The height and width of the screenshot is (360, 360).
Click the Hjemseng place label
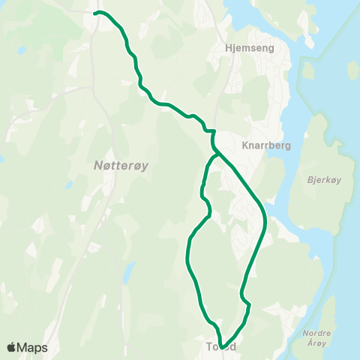250,47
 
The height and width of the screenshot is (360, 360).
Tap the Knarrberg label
262,145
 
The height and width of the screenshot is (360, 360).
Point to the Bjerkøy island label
325,180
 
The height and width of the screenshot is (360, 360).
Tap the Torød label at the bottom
221,347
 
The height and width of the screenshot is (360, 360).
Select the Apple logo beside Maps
11,347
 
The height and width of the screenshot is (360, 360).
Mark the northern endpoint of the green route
96,13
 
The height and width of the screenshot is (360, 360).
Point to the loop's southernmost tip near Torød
223,346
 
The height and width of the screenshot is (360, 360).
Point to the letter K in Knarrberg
245,145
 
